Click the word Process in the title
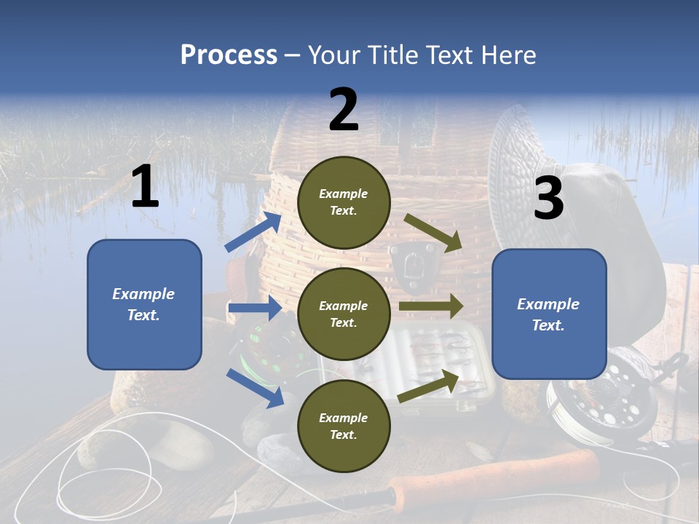(x=229, y=55)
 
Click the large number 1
(x=145, y=187)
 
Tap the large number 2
(x=344, y=110)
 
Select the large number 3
(x=548, y=199)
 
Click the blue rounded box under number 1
(x=144, y=304)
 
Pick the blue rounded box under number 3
(x=549, y=314)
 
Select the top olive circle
(x=344, y=202)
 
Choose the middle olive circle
(x=344, y=314)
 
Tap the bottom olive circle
(x=344, y=426)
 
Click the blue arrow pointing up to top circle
(x=253, y=232)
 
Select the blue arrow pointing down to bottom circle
(x=255, y=387)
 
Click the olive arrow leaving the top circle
(x=433, y=232)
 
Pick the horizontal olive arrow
(x=431, y=306)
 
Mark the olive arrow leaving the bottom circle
(x=428, y=386)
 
